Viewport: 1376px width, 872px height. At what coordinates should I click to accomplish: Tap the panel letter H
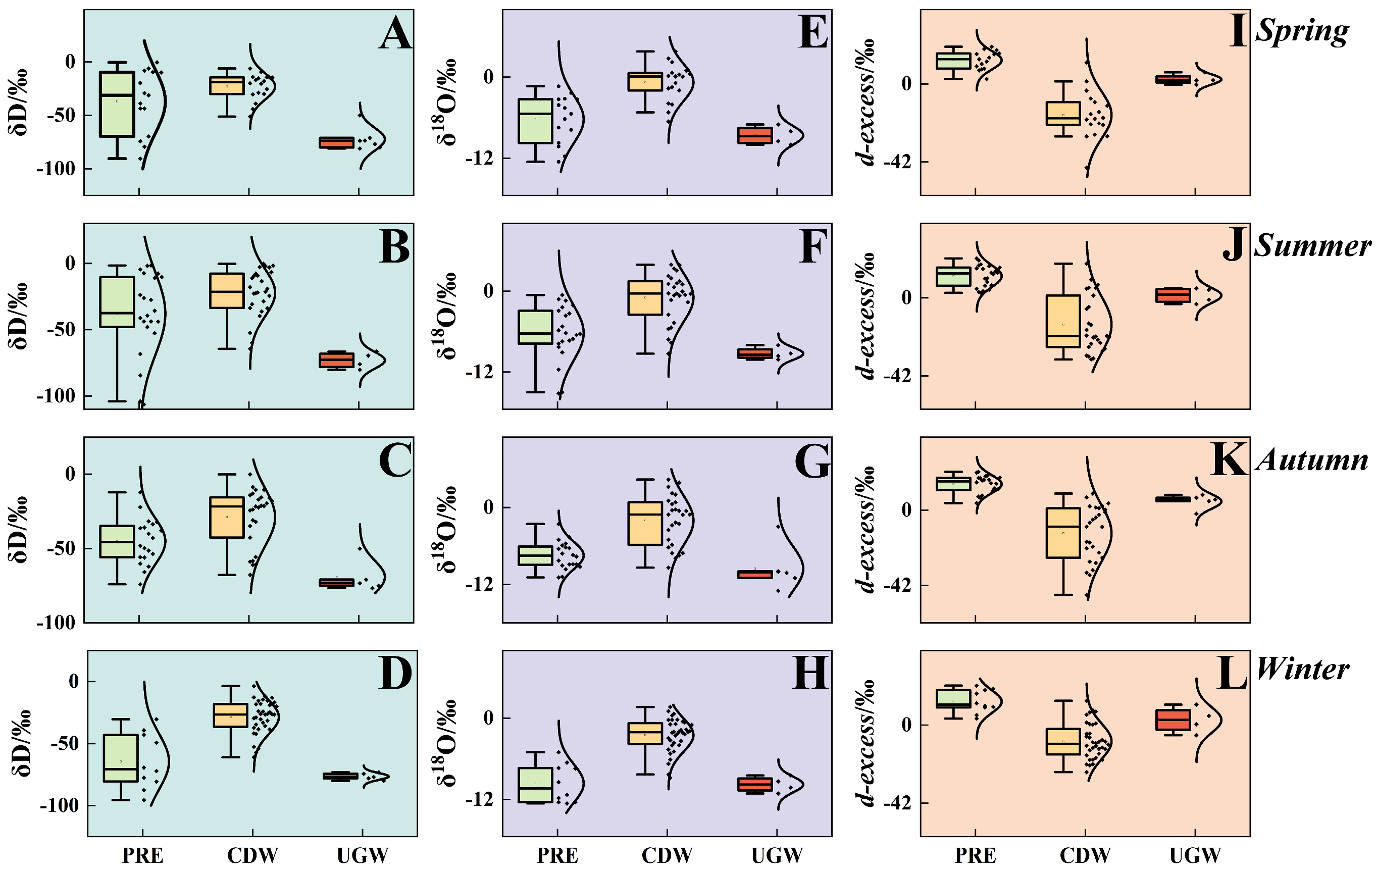tap(811, 673)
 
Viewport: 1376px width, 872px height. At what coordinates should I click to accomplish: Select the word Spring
tap(1302, 31)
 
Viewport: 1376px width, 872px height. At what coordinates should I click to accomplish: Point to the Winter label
tap(1302, 669)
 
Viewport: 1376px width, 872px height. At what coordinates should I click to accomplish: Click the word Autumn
tap(1312, 459)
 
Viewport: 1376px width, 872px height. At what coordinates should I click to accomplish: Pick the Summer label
tap(1312, 246)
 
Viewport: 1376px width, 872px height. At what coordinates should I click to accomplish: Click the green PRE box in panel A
tap(117, 104)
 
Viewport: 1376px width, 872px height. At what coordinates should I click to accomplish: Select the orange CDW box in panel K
tap(1063, 533)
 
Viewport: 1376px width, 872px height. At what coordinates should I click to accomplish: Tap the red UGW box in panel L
tap(1173, 720)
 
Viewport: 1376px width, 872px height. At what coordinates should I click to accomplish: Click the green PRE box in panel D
tap(121, 758)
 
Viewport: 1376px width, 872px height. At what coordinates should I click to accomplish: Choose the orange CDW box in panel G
tap(645, 523)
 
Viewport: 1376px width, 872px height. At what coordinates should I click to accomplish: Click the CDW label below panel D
tap(252, 855)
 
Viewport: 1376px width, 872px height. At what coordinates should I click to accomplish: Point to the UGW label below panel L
tap(1195, 855)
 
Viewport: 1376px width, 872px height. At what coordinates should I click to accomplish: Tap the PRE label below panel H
tap(557, 855)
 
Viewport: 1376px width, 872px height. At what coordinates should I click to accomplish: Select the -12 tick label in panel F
tap(479, 373)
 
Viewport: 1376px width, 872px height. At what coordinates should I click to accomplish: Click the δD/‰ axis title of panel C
tap(18, 530)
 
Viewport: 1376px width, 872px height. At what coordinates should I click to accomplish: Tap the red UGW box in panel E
tap(755, 135)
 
